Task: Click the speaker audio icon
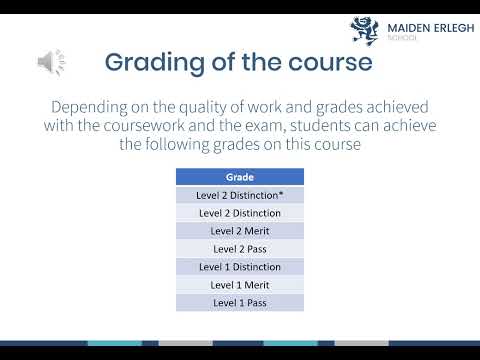click(51, 62)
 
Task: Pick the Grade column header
click(239, 177)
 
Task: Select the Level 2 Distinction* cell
click(239, 195)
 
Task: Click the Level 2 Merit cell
click(239, 231)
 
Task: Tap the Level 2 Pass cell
click(239, 249)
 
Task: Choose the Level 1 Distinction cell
click(239, 267)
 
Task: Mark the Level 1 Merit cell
click(239, 285)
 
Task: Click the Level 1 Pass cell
click(239, 303)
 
